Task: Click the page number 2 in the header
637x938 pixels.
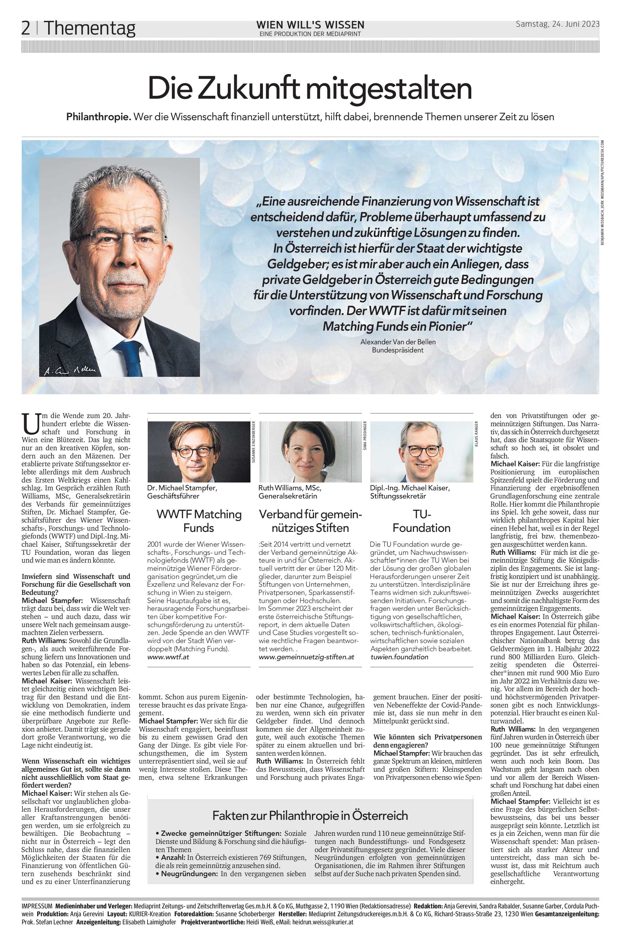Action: click(x=26, y=28)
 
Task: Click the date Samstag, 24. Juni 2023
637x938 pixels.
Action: click(x=557, y=24)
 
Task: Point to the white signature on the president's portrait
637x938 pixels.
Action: click(x=70, y=370)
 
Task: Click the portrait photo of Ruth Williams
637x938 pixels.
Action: click(x=310, y=452)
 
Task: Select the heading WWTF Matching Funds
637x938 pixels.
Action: click(x=199, y=521)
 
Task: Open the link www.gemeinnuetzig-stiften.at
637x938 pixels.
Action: click(x=306, y=657)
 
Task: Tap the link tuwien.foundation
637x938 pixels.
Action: click(x=399, y=657)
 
